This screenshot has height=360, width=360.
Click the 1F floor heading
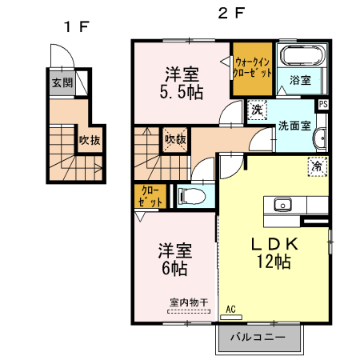(x=77, y=27)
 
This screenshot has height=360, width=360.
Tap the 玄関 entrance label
(x=62, y=82)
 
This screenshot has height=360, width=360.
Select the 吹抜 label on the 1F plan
(x=89, y=141)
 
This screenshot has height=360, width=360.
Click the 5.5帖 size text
(x=183, y=92)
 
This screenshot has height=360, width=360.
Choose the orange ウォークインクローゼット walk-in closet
(x=253, y=66)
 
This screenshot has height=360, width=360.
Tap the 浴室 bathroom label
(x=300, y=80)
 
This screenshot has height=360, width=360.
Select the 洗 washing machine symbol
(x=257, y=109)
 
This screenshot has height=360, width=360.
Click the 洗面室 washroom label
(x=294, y=126)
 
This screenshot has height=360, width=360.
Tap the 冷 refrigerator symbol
(x=318, y=166)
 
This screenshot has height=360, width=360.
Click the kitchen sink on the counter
(x=283, y=205)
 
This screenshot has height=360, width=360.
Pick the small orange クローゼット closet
(x=150, y=196)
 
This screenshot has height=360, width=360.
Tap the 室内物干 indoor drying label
(x=189, y=302)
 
